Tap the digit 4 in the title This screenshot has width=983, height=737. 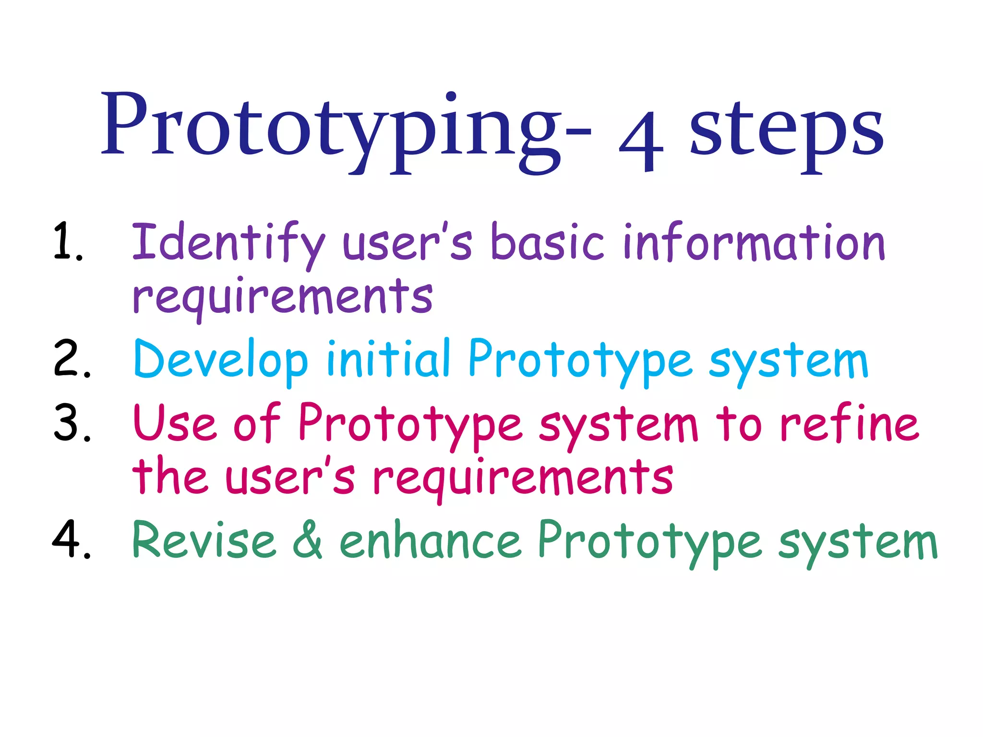pos(641,142)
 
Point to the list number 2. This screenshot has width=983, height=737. pos(72,358)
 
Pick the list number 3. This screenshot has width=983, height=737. pos(72,422)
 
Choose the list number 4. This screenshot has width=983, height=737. pos(71,539)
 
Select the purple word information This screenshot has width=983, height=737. pos(754,242)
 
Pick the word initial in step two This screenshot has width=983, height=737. pos(388,358)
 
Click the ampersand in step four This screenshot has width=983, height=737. pos(308,540)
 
